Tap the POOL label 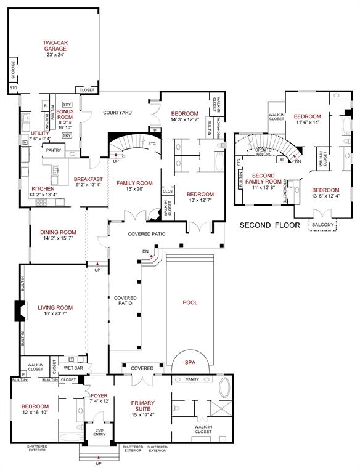tap(190, 302)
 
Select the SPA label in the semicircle tap(190, 363)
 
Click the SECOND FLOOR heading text tap(269, 225)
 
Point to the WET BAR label tap(73, 368)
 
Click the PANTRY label tap(54, 150)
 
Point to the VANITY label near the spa tap(192, 379)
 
